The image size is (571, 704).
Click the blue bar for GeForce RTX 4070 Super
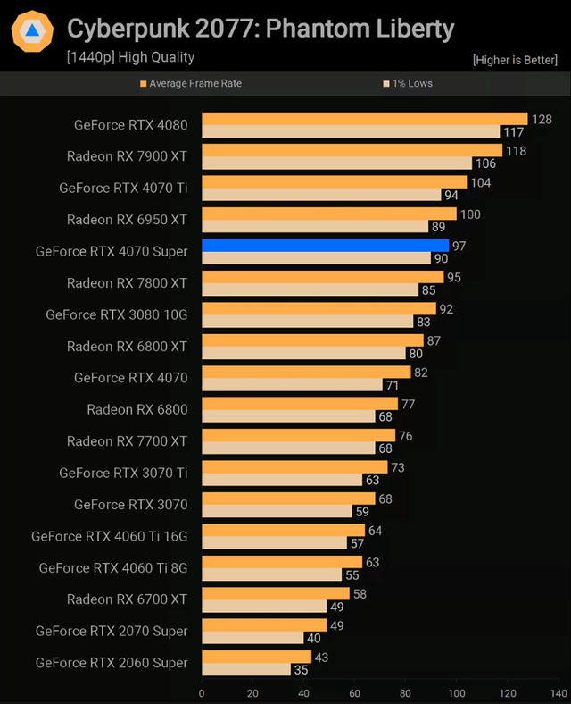click(326, 245)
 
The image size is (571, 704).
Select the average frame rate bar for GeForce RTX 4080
click(364, 118)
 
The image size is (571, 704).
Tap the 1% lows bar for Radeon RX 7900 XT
click(336, 163)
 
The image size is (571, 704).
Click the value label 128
click(542, 119)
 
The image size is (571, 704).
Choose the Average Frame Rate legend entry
click(194, 83)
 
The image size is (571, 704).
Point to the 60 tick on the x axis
click(355, 692)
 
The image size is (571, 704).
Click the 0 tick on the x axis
click(202, 692)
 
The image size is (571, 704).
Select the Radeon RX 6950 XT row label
click(127, 220)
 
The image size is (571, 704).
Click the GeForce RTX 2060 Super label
click(112, 663)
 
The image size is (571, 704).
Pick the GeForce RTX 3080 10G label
click(117, 314)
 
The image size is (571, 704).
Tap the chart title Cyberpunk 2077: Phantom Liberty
click(261, 29)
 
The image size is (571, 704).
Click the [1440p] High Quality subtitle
click(130, 57)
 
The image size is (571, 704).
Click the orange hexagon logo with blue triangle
click(32, 32)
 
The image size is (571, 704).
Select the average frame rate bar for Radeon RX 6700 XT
click(276, 593)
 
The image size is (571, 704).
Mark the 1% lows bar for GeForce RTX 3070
click(277, 512)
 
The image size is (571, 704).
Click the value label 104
click(481, 182)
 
